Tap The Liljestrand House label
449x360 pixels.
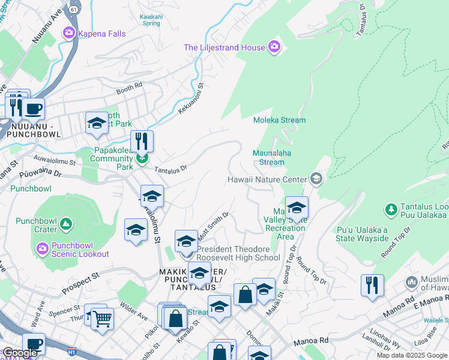click(x=224, y=47)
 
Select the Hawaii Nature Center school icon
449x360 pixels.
click(x=316, y=179)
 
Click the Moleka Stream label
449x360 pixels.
click(x=279, y=120)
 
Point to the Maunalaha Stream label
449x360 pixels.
click(x=272, y=157)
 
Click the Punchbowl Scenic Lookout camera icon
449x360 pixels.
click(x=43, y=248)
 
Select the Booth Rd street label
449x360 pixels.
click(x=129, y=88)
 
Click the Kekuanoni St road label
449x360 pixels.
click(x=201, y=97)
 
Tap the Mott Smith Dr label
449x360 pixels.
click(x=215, y=223)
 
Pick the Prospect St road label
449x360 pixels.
click(x=80, y=280)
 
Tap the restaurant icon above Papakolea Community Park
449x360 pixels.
click(x=142, y=141)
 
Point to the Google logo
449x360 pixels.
click(x=20, y=353)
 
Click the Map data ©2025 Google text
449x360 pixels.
click(x=411, y=355)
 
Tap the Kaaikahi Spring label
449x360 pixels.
click(x=149, y=20)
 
